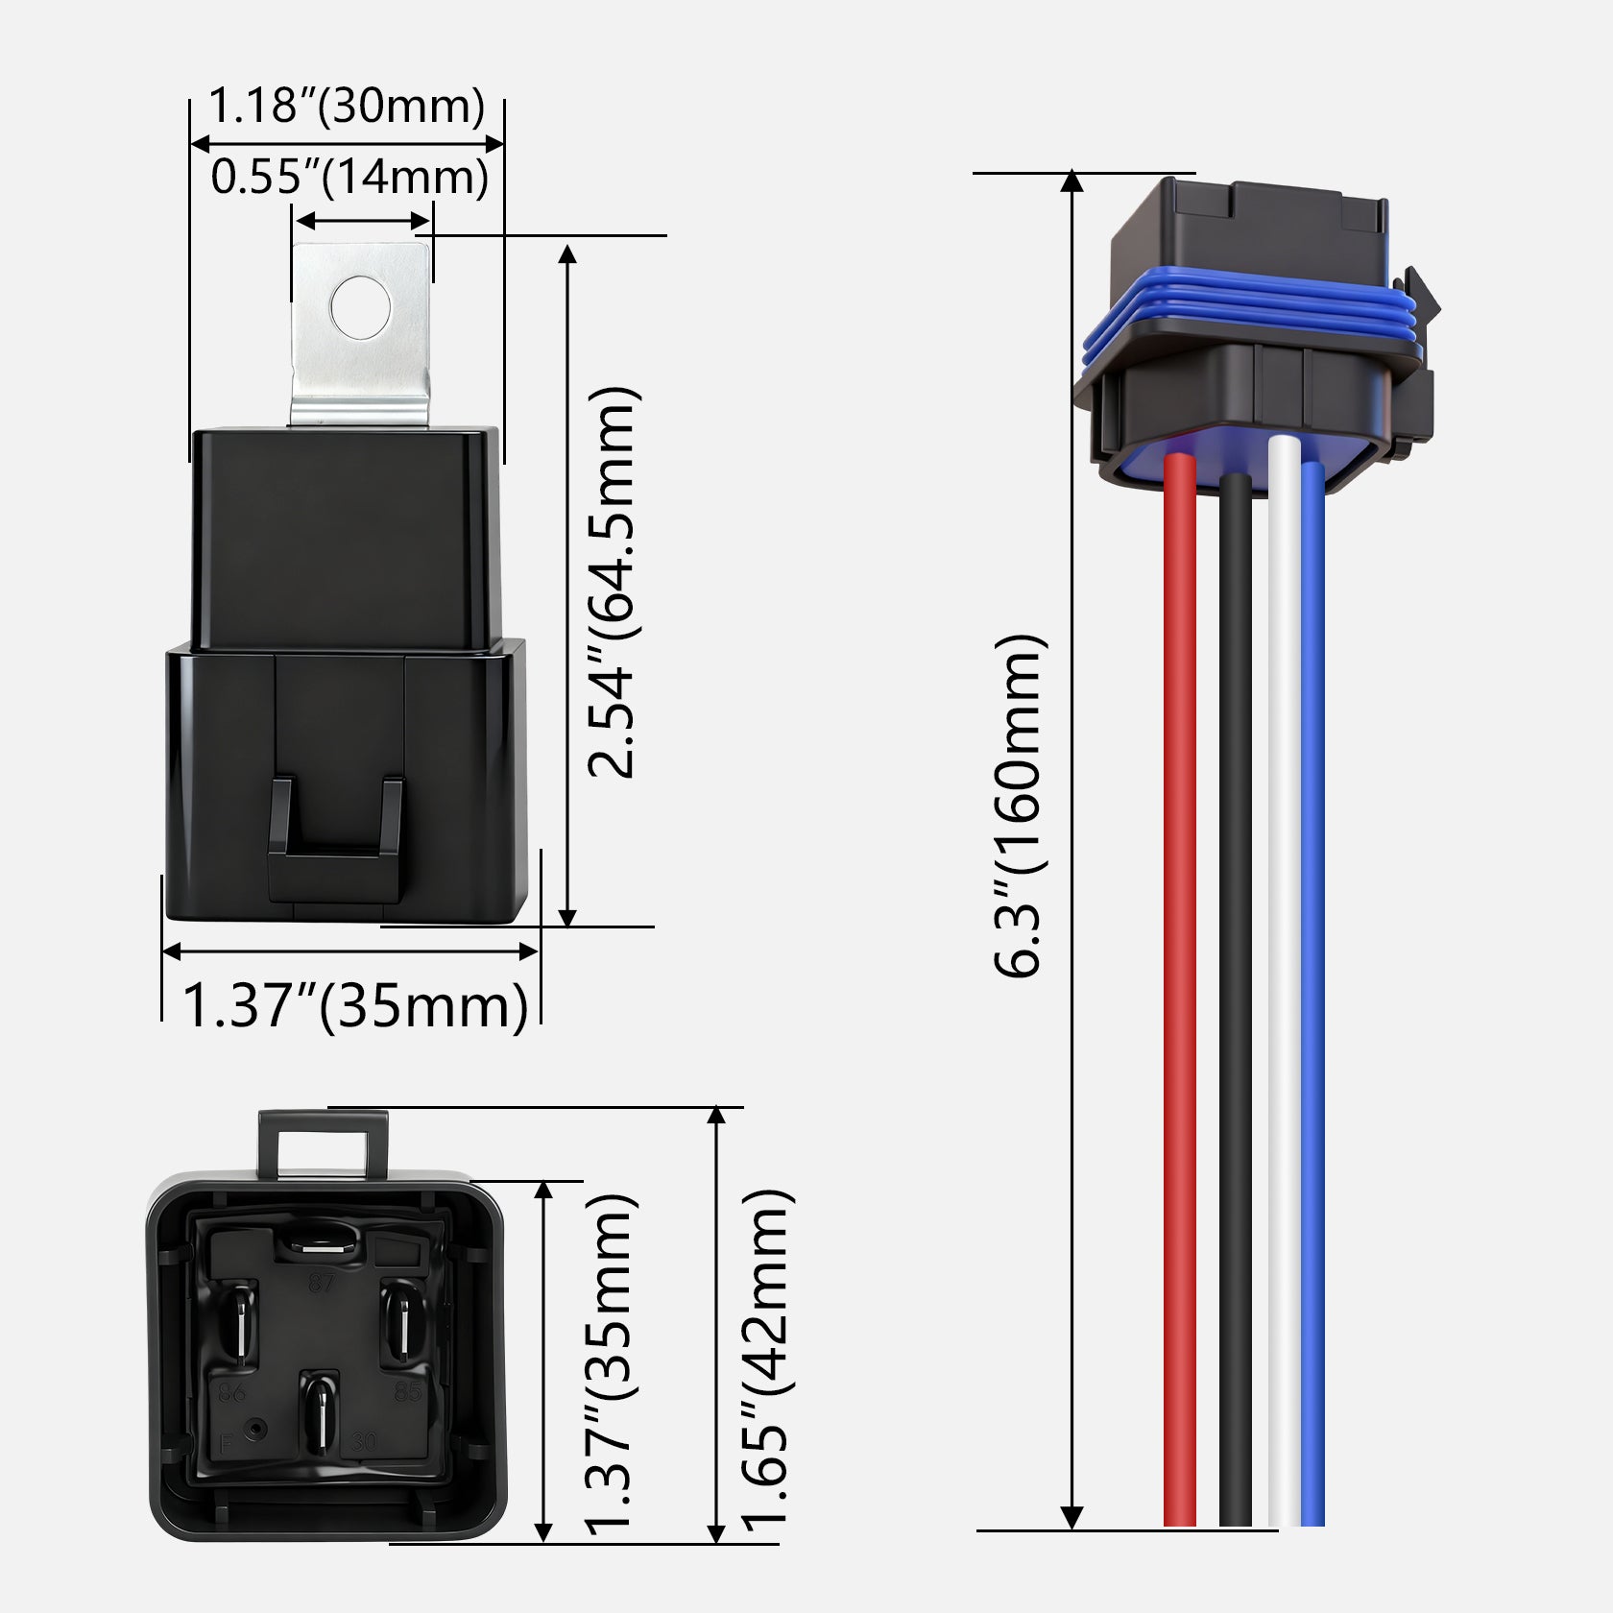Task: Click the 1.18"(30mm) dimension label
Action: click(347, 105)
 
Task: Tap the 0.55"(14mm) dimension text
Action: click(349, 177)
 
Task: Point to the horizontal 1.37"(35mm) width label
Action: click(354, 1005)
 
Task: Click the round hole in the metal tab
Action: click(360, 307)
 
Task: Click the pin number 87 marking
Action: click(321, 1283)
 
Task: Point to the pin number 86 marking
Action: click(232, 1392)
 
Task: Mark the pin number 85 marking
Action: click(408, 1392)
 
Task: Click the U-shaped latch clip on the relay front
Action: click(335, 845)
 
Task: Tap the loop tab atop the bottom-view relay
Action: click(324, 1143)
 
